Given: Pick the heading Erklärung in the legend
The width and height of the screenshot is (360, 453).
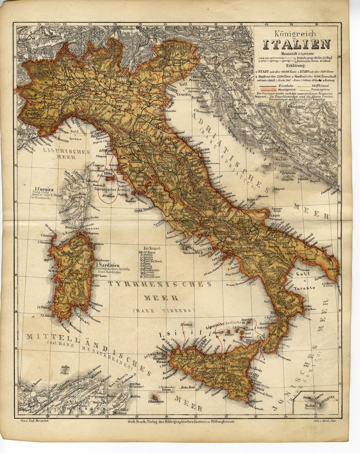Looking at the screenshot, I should click(x=296, y=66).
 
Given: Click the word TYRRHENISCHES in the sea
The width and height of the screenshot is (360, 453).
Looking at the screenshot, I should click(x=159, y=284).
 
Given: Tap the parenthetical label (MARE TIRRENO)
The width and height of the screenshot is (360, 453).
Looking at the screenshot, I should click(x=164, y=311).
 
